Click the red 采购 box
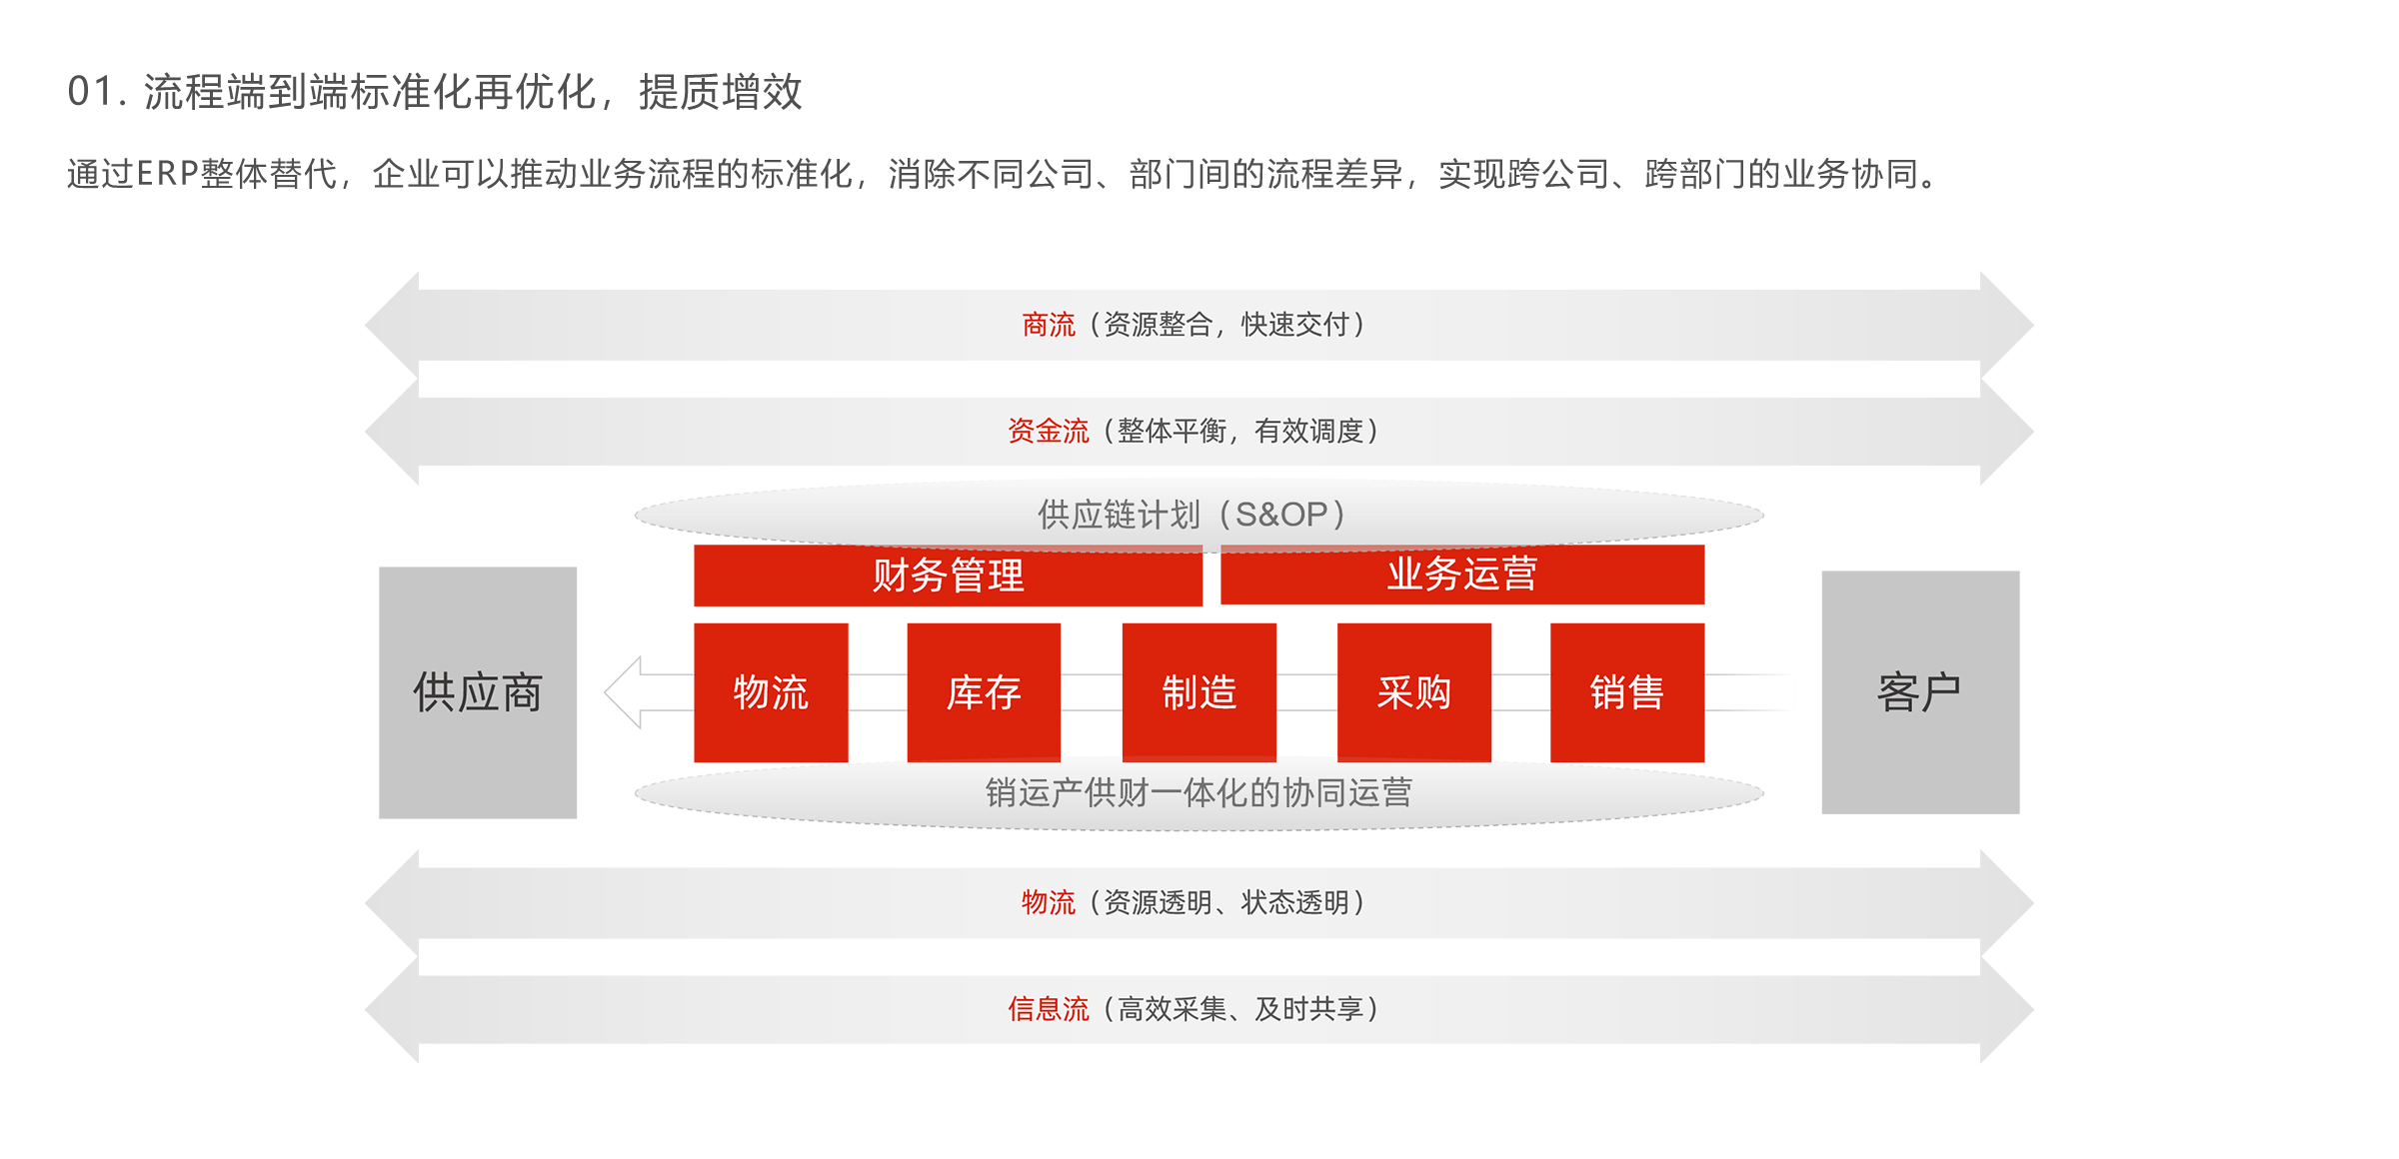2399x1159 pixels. [x=1414, y=692]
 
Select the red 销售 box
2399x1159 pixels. [x=1626, y=692]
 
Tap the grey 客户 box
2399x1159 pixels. [x=1919, y=692]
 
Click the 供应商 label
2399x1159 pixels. [x=478, y=692]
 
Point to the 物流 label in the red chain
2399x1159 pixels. [x=771, y=692]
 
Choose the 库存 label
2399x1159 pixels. [x=985, y=692]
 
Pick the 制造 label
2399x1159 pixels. [x=1199, y=692]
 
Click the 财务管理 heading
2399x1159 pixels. [x=948, y=576]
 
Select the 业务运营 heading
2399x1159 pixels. [x=1461, y=575]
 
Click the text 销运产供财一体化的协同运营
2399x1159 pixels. [x=1199, y=792]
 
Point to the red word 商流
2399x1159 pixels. [x=1048, y=325]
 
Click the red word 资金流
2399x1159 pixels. [x=1048, y=432]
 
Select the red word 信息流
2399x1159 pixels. [x=1048, y=1009]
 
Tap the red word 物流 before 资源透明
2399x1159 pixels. [x=1048, y=902]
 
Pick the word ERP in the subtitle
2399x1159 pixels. [x=168, y=175]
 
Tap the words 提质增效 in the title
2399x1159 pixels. [x=721, y=92]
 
